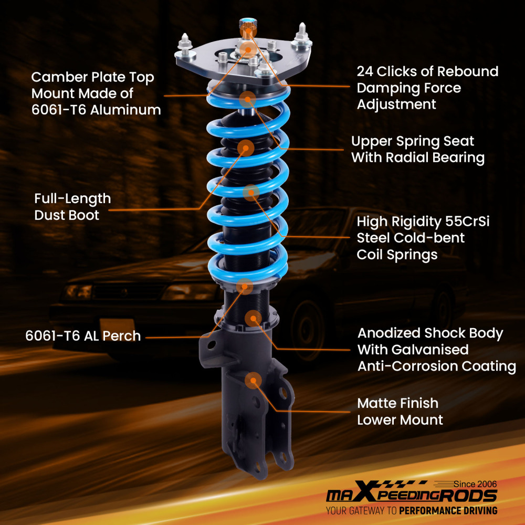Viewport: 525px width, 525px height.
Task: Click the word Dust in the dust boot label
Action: pyautogui.click(x=48, y=215)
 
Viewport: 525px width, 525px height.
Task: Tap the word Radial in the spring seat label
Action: pyautogui.click(x=414, y=157)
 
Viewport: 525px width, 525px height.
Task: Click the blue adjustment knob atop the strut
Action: pyautogui.click(x=247, y=24)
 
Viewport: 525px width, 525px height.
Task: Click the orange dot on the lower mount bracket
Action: pyautogui.click(x=254, y=380)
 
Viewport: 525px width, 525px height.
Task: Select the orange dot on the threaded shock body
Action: pyautogui.click(x=253, y=318)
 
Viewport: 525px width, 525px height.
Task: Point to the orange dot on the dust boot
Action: pyautogui.click(x=245, y=148)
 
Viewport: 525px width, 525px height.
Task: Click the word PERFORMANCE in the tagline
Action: pyautogui.click(x=432, y=510)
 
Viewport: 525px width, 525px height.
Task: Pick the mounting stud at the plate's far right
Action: pyautogui.click(x=303, y=33)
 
